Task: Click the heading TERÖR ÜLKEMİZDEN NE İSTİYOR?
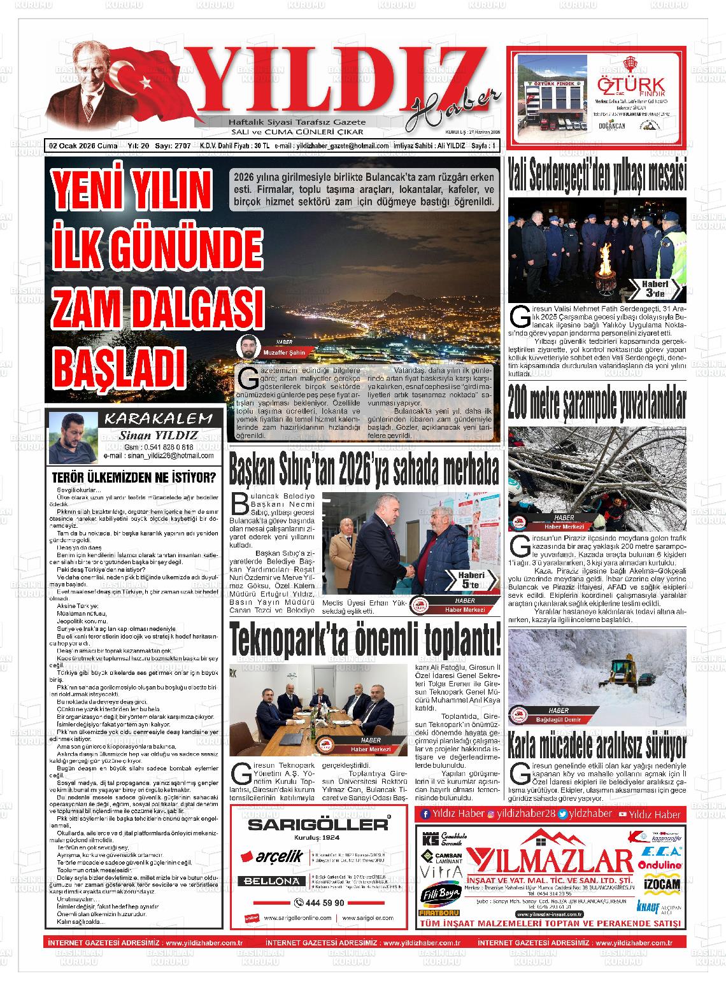(x=133, y=477)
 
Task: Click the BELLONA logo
(x=275, y=881)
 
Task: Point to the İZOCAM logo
(x=663, y=884)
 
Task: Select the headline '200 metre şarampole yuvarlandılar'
(x=597, y=402)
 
